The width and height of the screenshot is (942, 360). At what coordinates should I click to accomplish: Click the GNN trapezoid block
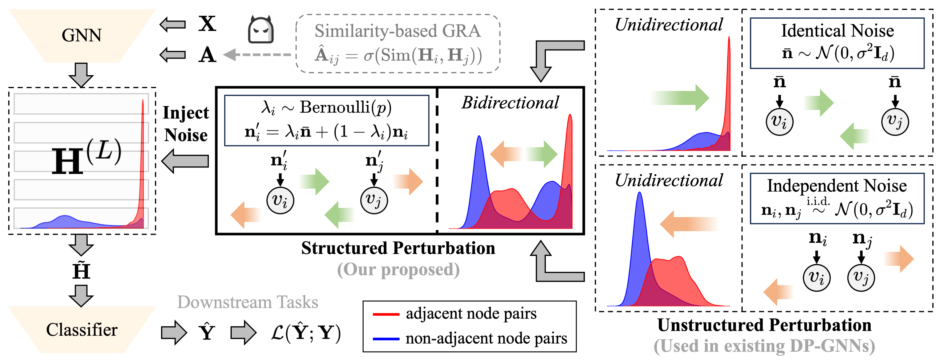[81, 36]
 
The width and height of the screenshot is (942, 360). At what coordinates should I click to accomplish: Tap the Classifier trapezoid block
[81, 330]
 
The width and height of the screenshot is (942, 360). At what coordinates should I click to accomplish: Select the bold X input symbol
[207, 24]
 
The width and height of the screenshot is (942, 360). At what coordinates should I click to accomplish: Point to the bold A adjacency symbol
[207, 55]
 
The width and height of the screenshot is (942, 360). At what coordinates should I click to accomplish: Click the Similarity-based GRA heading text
[398, 31]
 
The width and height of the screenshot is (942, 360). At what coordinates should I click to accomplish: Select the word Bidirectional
[510, 103]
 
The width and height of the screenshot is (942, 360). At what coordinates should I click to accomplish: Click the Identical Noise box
[837, 43]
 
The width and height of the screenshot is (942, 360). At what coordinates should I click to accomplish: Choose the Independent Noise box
[837, 198]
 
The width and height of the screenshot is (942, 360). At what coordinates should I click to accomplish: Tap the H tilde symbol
[81, 271]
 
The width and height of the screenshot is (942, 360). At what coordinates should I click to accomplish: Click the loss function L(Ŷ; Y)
[306, 333]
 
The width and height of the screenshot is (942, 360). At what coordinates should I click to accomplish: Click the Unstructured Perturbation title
[764, 325]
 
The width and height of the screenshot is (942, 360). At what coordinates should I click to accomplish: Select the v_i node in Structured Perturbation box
[280, 200]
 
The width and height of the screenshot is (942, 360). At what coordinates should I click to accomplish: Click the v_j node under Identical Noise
[895, 122]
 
